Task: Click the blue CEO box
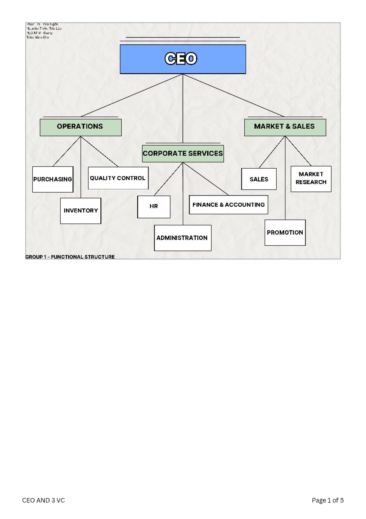pyautogui.click(x=183, y=59)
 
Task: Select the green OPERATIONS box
pyautogui.click(x=81, y=127)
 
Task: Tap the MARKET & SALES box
pyautogui.click(x=285, y=127)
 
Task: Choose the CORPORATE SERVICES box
pyautogui.click(x=183, y=153)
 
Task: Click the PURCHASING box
pyautogui.click(x=52, y=179)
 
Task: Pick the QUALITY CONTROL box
pyautogui.click(x=118, y=178)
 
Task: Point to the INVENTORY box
pyautogui.click(x=81, y=211)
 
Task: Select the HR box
pyautogui.click(x=154, y=207)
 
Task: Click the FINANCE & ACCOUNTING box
pyautogui.click(x=228, y=205)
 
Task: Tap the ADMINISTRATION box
pyautogui.click(x=182, y=238)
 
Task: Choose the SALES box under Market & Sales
pyautogui.click(x=259, y=179)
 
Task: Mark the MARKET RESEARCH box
pyautogui.click(x=311, y=179)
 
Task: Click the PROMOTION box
pyautogui.click(x=285, y=233)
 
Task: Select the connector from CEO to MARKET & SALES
pyautogui.click(x=233, y=95)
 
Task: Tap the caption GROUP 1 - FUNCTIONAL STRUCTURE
pyautogui.click(x=70, y=257)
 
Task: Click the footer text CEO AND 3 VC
pyautogui.click(x=43, y=500)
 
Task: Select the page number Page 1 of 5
pyautogui.click(x=328, y=500)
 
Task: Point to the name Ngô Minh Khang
pyautogui.click(x=40, y=33)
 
